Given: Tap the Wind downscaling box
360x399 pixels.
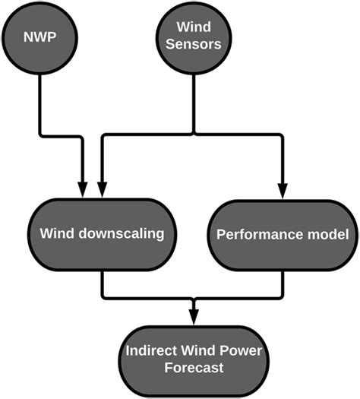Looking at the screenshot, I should click(x=102, y=234).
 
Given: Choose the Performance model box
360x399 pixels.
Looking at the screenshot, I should click(x=283, y=234).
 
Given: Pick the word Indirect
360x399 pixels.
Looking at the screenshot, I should click(x=150, y=351).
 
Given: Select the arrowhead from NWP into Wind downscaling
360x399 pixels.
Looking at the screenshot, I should click(x=82, y=192).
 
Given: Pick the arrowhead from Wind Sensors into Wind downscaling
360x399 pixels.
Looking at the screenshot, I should click(x=102, y=192).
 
